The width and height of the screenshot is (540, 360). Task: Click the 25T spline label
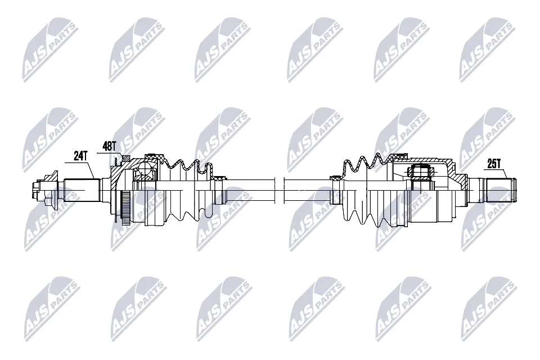[x=494, y=164]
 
